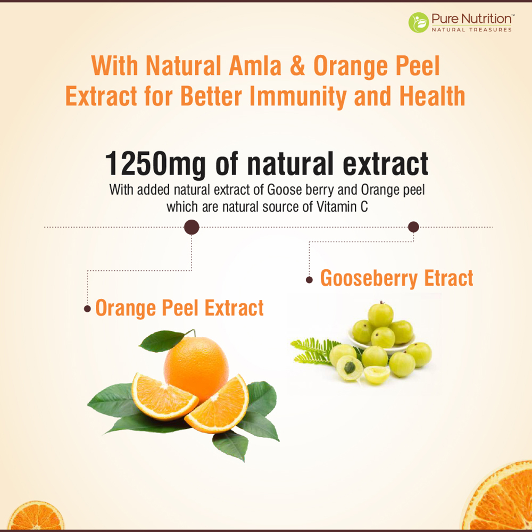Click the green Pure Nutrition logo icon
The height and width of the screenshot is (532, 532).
point(419,22)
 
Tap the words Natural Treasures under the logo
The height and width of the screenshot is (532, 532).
point(471,30)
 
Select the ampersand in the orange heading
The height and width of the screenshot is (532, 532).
point(297,66)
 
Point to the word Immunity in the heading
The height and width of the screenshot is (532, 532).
point(298,97)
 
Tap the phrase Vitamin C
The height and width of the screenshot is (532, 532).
point(342,206)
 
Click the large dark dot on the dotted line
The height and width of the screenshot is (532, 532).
point(192,227)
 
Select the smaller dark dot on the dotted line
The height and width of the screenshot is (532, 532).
point(413,227)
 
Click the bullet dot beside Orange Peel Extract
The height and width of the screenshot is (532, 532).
point(87,309)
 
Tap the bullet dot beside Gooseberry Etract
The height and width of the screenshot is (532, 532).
point(309,280)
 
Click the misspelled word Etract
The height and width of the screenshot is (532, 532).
point(448,278)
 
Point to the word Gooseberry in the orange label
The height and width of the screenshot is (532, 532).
point(369,279)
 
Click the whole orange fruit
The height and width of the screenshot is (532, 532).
point(196,368)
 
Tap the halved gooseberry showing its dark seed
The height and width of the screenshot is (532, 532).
point(350,368)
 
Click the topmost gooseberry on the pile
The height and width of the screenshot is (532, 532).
point(381,315)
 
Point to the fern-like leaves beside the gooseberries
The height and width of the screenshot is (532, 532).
point(315,351)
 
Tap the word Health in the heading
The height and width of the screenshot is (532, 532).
point(432,96)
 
